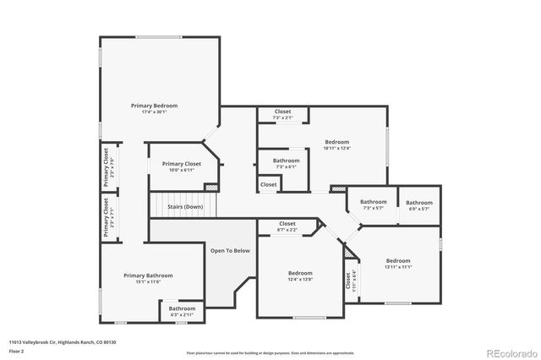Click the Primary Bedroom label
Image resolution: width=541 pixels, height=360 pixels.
(x=154, y=106)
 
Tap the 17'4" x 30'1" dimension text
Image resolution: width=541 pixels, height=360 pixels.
(x=154, y=112)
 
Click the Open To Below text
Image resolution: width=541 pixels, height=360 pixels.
(x=230, y=250)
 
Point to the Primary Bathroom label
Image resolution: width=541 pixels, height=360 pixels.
(x=148, y=275)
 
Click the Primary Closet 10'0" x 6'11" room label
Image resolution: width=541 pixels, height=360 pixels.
(x=182, y=164)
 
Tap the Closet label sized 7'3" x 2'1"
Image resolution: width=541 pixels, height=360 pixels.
(x=283, y=112)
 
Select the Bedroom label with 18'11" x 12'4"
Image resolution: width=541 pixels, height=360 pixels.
(x=336, y=142)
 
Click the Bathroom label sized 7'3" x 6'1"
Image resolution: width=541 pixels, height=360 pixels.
(x=286, y=161)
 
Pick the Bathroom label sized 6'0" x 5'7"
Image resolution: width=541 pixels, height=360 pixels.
(x=419, y=202)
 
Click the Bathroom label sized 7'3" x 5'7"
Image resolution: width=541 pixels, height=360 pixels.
(x=374, y=202)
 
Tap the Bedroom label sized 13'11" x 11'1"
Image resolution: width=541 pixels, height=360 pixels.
(x=398, y=260)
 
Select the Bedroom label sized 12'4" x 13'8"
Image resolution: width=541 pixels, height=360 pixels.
(x=300, y=273)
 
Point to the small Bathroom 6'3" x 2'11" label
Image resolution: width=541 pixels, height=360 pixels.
(x=182, y=308)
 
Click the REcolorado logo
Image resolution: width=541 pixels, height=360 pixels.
(x=510, y=352)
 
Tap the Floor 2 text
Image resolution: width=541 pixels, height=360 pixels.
(x=16, y=349)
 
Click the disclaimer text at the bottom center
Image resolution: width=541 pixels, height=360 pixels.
(x=270, y=352)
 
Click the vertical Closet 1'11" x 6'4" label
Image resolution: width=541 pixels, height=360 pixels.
(x=347, y=281)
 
